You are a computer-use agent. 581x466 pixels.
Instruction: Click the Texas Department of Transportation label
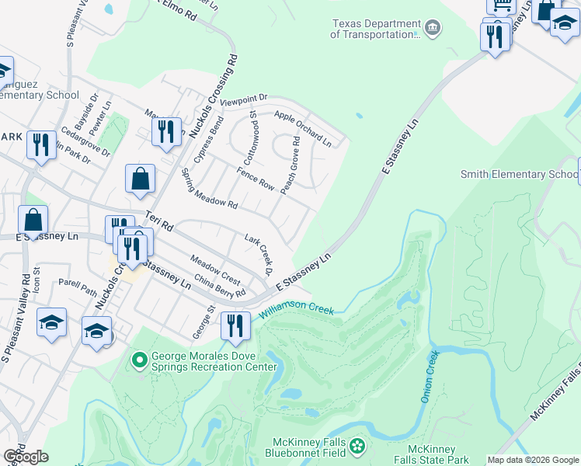point(375,30)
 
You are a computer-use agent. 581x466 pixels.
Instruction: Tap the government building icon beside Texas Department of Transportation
point(433,30)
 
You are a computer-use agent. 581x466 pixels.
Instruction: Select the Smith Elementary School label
point(519,174)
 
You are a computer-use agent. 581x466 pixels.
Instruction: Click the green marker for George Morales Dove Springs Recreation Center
point(140,360)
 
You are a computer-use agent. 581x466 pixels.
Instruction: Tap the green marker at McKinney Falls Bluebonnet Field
point(357,446)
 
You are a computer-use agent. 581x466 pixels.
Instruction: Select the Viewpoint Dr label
point(243,99)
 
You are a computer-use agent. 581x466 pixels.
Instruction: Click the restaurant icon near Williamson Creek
point(235,325)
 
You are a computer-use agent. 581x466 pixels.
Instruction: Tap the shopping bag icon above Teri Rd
point(141,178)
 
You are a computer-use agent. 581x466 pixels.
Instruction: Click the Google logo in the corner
point(26,456)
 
